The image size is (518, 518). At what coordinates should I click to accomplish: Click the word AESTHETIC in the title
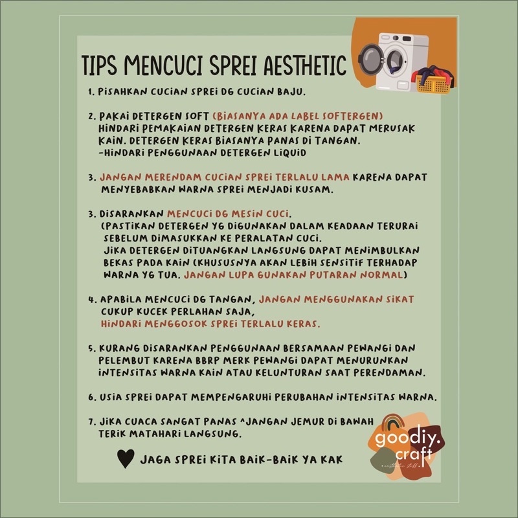click(x=304, y=65)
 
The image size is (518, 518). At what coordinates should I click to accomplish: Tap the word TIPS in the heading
click(x=99, y=65)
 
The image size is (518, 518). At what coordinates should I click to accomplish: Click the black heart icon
click(x=126, y=458)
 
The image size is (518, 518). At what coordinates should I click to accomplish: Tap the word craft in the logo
click(x=414, y=455)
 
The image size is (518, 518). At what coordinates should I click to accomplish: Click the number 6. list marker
click(x=92, y=398)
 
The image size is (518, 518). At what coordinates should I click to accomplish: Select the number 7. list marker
click(x=92, y=422)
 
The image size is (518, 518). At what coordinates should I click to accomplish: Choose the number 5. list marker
click(x=92, y=348)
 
